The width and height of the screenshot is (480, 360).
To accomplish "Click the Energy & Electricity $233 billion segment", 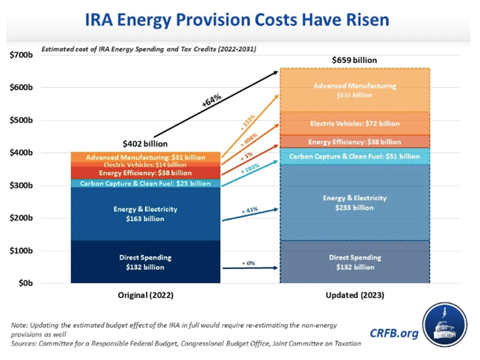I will (355, 202).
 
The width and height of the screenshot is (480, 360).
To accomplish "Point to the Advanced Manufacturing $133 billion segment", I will (355, 90).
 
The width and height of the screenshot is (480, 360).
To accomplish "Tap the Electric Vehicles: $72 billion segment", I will (355, 124).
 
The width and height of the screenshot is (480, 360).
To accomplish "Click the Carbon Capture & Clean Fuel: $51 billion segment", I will (355, 156).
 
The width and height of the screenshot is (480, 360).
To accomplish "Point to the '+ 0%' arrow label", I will (248, 263).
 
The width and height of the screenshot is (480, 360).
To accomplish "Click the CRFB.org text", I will (395, 332).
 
